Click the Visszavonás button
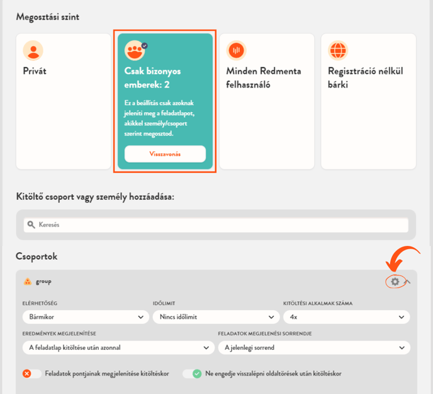click(x=165, y=154)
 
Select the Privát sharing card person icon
click(x=33, y=50)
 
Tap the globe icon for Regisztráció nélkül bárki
click(x=338, y=50)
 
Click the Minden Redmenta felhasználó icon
click(x=237, y=50)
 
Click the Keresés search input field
click(x=216, y=224)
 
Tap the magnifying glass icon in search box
click(x=31, y=224)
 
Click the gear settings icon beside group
click(x=395, y=282)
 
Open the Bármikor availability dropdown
click(x=86, y=317)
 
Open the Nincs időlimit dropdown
click(x=216, y=317)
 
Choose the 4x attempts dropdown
click(x=347, y=317)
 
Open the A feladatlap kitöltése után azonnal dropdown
click(x=118, y=347)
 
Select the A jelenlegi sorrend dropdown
click(x=314, y=347)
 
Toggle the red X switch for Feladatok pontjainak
click(x=31, y=374)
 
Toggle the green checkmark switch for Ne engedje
click(x=192, y=374)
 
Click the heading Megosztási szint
click(x=48, y=17)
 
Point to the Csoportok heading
click(x=37, y=256)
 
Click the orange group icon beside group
click(x=28, y=282)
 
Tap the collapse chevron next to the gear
click(x=408, y=282)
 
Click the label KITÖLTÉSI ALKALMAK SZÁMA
click(x=318, y=303)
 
